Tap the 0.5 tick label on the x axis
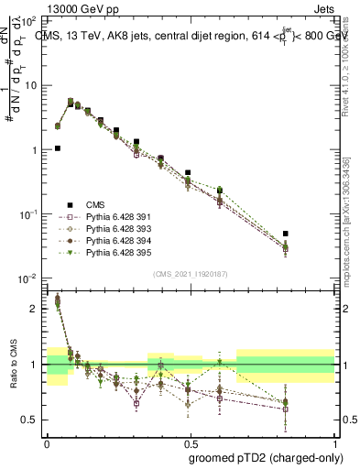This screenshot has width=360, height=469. click(190, 442)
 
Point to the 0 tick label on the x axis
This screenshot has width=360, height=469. click(47, 442)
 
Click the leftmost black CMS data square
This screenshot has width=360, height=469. click(57, 147)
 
